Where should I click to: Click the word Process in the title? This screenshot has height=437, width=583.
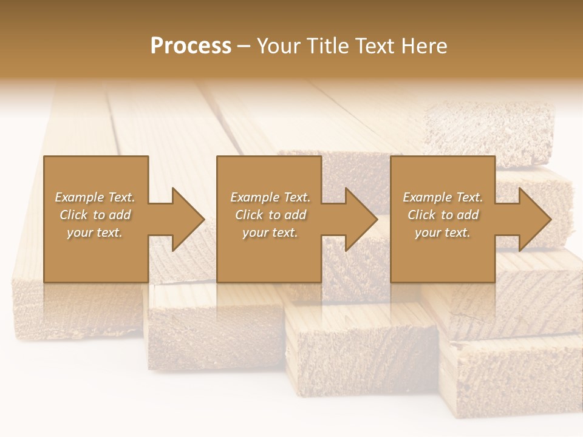pyautogui.click(x=191, y=46)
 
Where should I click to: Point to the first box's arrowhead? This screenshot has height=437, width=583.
pyautogui.click(x=182, y=219)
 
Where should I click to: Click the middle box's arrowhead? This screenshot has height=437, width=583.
pyautogui.click(x=356, y=219)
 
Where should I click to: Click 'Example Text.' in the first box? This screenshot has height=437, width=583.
pyautogui.click(x=95, y=197)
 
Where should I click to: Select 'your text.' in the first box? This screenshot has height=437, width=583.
pyautogui.click(x=95, y=232)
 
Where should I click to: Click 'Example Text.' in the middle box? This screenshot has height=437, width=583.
pyautogui.click(x=270, y=197)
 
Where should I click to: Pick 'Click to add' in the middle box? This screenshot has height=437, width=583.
pyautogui.click(x=270, y=215)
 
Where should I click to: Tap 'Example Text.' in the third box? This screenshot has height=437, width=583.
pyautogui.click(x=443, y=197)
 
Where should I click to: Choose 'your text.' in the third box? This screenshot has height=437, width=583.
pyautogui.click(x=443, y=232)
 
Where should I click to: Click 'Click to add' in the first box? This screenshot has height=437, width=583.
pyautogui.click(x=95, y=215)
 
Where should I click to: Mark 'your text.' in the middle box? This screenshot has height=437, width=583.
pyautogui.click(x=270, y=232)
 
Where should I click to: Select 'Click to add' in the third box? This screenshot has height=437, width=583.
pyautogui.click(x=443, y=215)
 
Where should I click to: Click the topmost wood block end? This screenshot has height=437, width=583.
pyautogui.click(x=489, y=134)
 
